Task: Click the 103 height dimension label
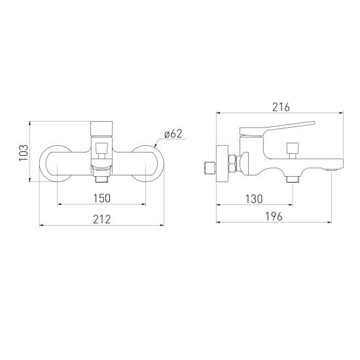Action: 24,153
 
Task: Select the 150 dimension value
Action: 102,198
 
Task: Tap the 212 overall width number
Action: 101,219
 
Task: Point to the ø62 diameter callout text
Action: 173,134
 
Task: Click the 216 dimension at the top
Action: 281,107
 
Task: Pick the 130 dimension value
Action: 254,199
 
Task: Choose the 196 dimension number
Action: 274,216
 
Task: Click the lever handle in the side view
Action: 277,128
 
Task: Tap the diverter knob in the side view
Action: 293,151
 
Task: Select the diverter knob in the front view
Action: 101,151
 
